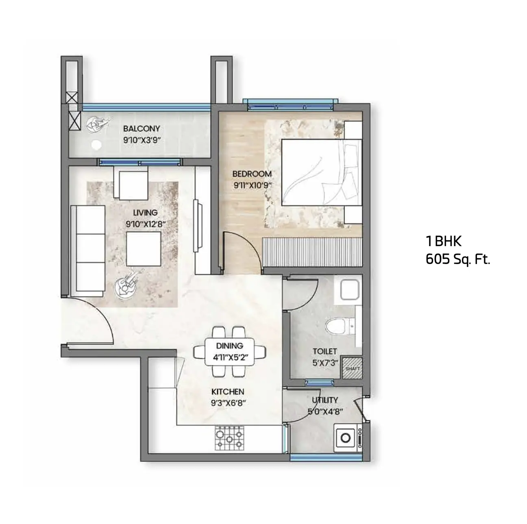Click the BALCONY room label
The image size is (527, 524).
(x=142, y=128)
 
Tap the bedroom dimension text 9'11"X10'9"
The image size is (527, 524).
(x=253, y=186)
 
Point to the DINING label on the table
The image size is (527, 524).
(x=229, y=346)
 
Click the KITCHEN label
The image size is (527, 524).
(x=228, y=392)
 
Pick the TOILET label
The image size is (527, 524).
(x=325, y=351)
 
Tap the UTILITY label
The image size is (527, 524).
(x=325, y=400)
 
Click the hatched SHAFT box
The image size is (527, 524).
(x=353, y=368)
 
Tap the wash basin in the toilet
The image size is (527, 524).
(x=350, y=290)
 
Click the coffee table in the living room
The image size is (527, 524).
(x=144, y=249)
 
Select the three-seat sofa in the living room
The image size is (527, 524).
(x=88, y=251)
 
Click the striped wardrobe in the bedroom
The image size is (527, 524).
(x=312, y=252)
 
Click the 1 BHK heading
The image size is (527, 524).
(x=444, y=241)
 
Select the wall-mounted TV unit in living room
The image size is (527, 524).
(x=198, y=226)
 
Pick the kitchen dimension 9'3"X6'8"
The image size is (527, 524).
(x=229, y=403)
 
